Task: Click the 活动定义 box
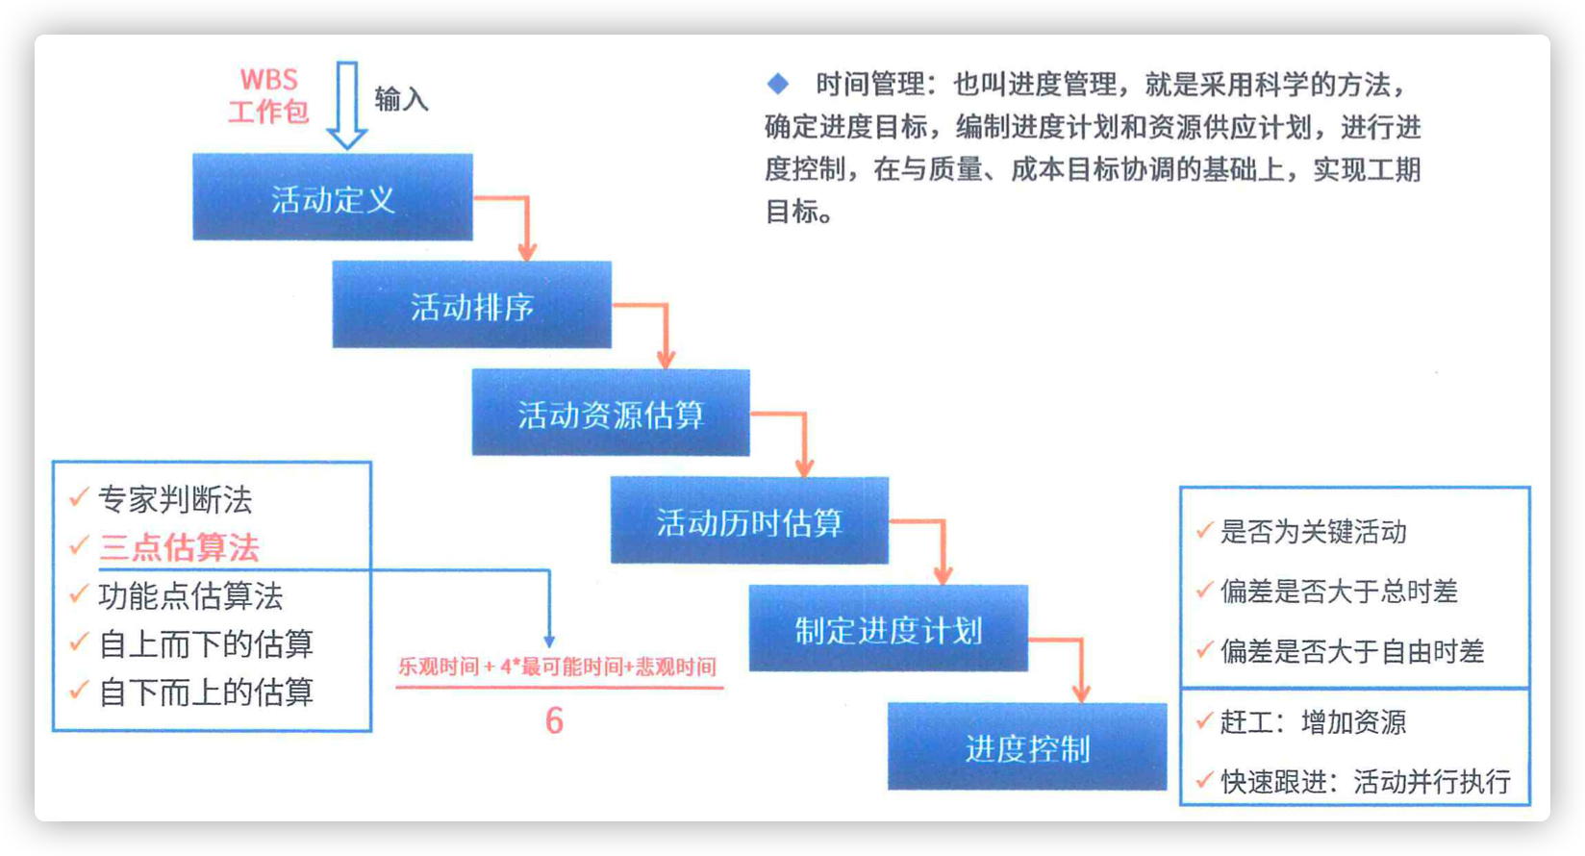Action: point(333,196)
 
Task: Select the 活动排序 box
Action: point(472,304)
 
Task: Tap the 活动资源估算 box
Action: point(611,412)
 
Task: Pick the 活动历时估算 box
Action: point(749,520)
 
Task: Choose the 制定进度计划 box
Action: point(888,627)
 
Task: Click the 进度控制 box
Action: point(1027,745)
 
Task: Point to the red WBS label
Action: point(269,79)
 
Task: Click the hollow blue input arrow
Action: point(346,105)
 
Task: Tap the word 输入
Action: point(401,99)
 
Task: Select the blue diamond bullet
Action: point(778,85)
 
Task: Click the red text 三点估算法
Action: point(179,547)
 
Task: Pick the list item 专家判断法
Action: point(175,499)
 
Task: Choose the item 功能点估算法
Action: point(190,595)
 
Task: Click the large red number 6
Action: point(554,721)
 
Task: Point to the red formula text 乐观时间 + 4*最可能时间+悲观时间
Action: point(558,667)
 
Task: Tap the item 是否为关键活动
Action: point(1313,532)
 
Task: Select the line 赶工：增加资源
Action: point(1313,722)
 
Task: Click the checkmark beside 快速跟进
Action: point(1204,780)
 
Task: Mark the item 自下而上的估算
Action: point(206,692)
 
